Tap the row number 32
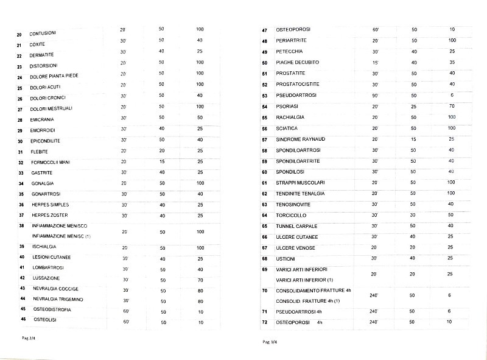21,163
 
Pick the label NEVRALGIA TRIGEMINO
58,299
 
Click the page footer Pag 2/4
29,337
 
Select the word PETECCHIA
289,51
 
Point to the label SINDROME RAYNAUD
302,139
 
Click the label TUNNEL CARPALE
296,226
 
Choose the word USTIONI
286,258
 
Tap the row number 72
265,322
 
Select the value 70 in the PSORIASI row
452,106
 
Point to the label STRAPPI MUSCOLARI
302,183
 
